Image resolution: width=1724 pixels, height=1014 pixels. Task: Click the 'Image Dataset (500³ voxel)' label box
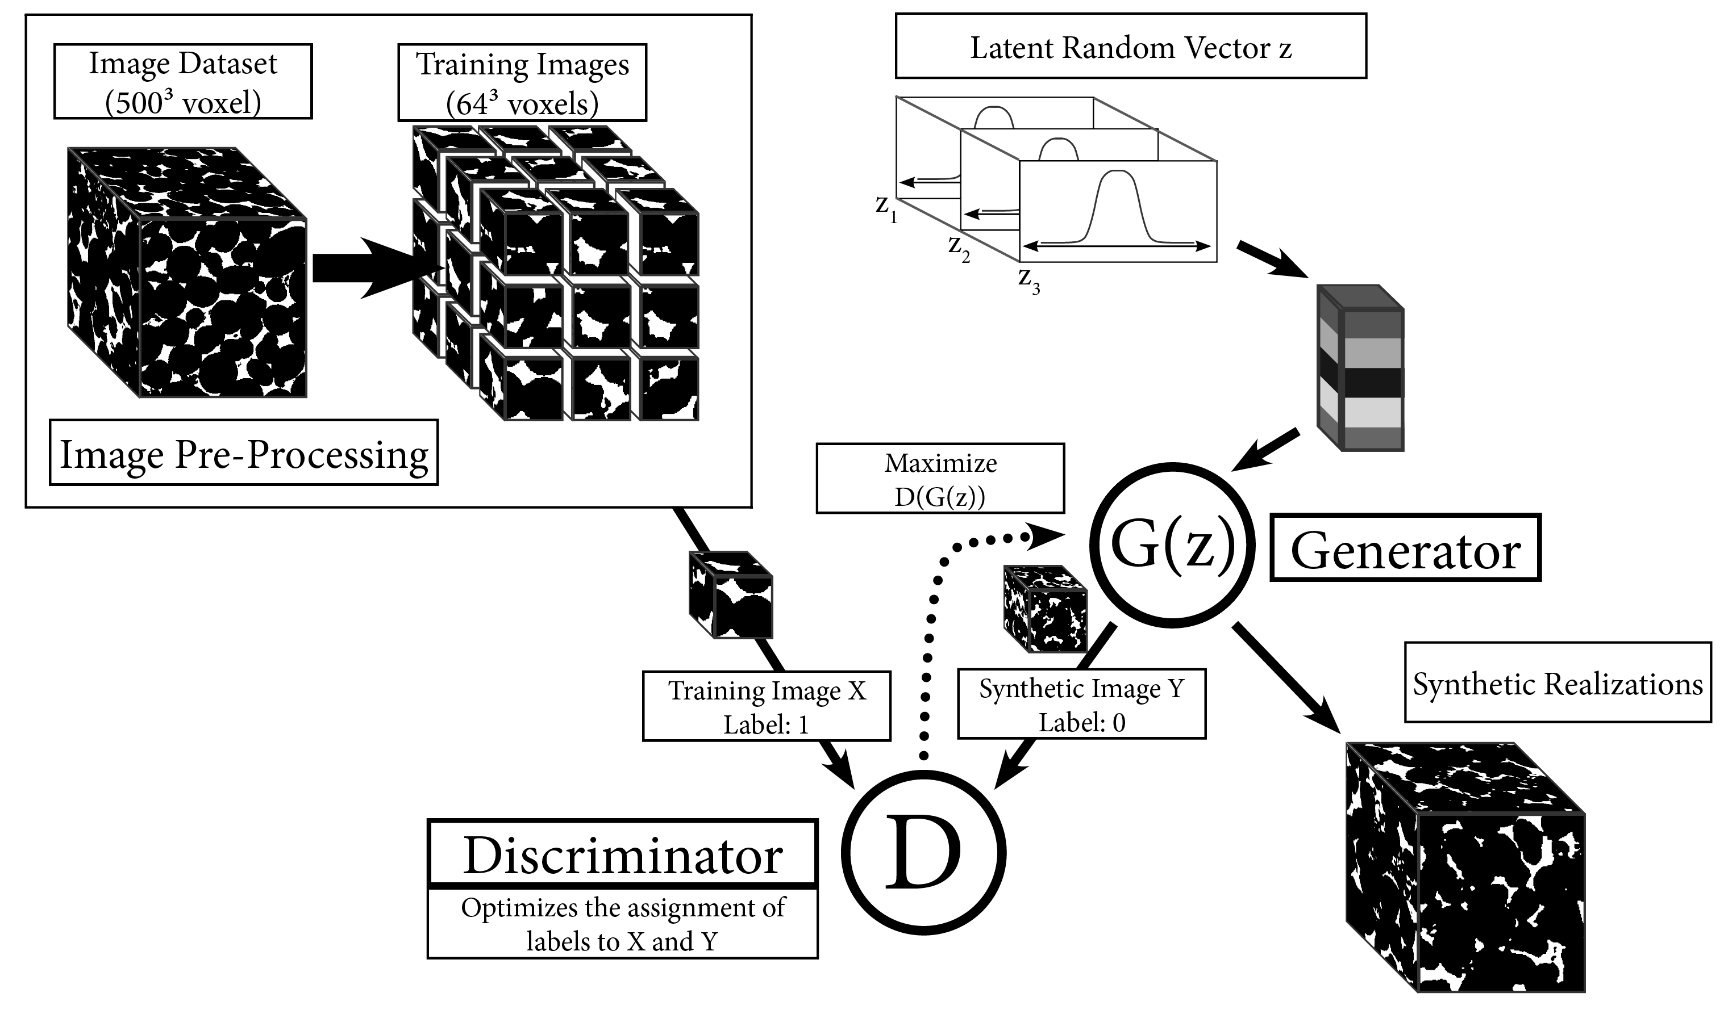coord(184,81)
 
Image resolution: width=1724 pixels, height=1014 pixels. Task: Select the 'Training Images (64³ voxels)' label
coord(522,83)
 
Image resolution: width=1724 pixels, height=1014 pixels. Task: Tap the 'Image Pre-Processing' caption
coord(244,452)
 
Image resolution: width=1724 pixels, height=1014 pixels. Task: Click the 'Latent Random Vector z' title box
coord(1131,46)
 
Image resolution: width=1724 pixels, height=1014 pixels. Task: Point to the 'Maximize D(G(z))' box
coord(940,478)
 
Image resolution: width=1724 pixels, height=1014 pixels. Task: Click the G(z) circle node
coord(1173,545)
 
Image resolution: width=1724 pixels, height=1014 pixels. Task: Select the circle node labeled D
coord(923,852)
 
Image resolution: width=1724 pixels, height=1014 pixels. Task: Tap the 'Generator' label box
coord(1405,548)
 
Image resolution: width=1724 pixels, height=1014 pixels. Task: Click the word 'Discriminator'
coord(623,854)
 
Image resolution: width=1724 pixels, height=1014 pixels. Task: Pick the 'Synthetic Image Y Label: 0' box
coord(1081,703)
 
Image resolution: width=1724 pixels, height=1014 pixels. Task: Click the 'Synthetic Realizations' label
coord(1558,682)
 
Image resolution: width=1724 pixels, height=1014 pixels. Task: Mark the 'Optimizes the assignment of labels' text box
coord(623,923)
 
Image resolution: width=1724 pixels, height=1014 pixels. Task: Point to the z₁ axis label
coord(886,208)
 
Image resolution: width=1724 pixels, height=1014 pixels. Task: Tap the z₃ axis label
coord(1029,280)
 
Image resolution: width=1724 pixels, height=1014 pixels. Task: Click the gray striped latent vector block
coord(1361,367)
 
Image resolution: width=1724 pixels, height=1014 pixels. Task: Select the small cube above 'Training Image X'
coord(731,594)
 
